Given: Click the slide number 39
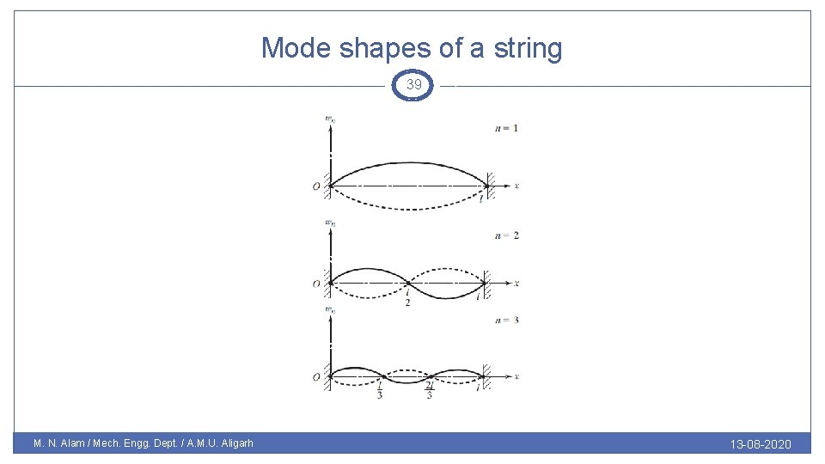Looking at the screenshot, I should (414, 85).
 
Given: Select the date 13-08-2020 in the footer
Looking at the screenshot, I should (761, 444).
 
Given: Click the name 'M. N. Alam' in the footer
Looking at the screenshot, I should (61, 444).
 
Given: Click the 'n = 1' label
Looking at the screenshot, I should (506, 129).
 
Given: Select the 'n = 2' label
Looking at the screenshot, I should (506, 235).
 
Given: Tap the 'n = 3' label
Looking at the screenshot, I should (506, 321).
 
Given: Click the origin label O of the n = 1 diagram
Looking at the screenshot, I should (317, 186).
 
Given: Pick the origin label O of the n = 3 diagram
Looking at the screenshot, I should (317, 377).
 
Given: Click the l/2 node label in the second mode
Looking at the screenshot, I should (407, 298).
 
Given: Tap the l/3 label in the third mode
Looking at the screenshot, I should (380, 391).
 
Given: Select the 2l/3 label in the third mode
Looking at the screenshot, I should (430, 391).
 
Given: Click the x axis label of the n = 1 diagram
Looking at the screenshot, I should (516, 186).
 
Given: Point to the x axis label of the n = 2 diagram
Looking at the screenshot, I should (516, 283).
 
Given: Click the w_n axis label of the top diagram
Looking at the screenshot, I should (330, 119).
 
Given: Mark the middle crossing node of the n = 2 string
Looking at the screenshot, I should (407, 283).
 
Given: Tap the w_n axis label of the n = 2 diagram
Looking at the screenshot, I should (330, 222).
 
